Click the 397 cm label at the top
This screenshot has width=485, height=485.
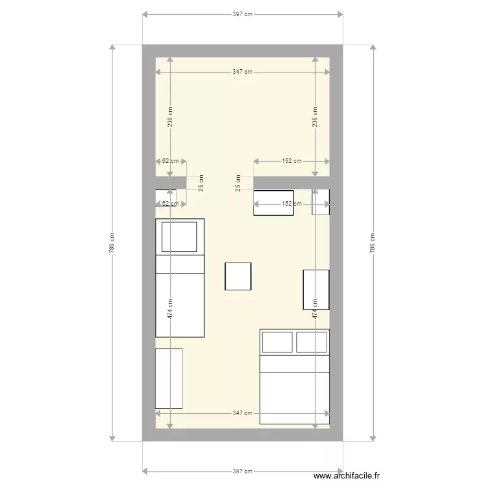[x=242, y=14]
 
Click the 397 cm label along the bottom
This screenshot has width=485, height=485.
[x=242, y=471]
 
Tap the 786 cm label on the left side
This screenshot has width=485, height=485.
[x=112, y=243]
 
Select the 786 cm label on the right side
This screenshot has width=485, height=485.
[x=372, y=243]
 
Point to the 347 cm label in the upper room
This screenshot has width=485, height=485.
[x=242, y=72]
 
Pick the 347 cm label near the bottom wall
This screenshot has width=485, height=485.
[x=242, y=413]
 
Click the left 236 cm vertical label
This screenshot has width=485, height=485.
[x=170, y=117]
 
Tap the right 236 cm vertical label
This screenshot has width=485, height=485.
[x=315, y=117]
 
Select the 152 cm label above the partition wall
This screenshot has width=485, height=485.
[x=292, y=161]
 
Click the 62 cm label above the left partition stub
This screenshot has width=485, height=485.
[x=171, y=161]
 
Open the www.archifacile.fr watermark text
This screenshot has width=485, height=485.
[x=347, y=476]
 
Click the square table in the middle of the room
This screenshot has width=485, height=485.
[x=238, y=277]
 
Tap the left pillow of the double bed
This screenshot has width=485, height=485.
[x=277, y=342]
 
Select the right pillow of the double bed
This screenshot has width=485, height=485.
[x=312, y=342]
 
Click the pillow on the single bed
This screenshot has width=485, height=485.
[x=179, y=237]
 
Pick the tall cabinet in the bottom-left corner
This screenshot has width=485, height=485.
[x=169, y=378]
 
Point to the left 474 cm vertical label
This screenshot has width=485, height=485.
[x=170, y=308]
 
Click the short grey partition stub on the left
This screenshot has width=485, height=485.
[x=171, y=182]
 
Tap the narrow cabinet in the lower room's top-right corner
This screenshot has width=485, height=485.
[x=321, y=202]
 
